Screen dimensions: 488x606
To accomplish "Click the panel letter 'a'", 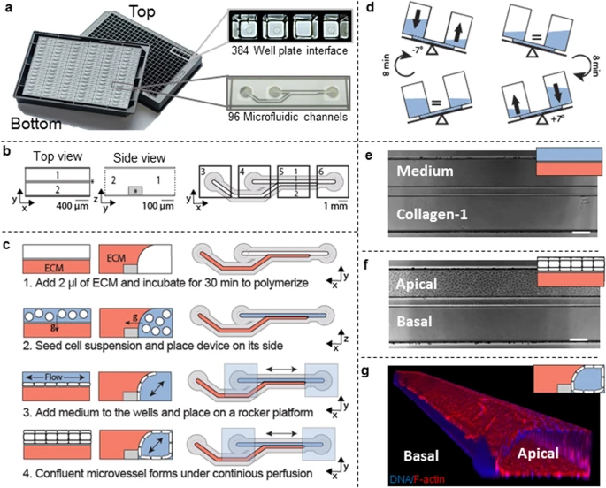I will (8, 8).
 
